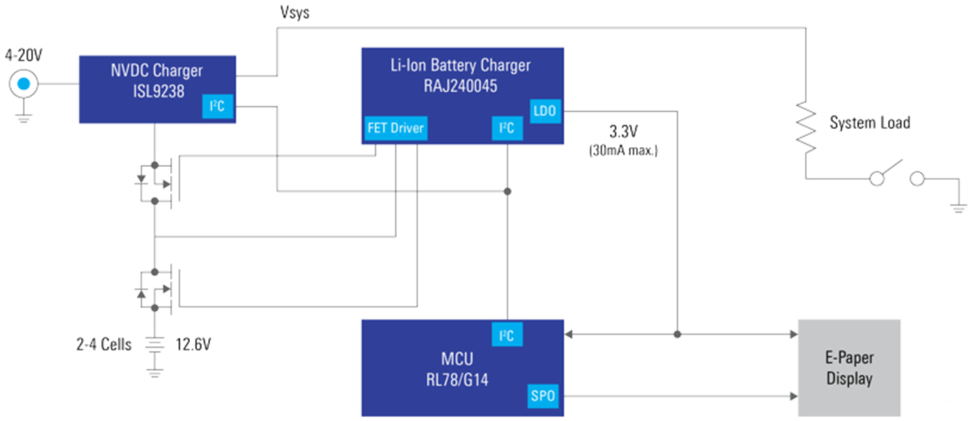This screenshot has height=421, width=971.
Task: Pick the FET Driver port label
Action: click(395, 129)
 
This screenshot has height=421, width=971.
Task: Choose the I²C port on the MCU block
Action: click(507, 335)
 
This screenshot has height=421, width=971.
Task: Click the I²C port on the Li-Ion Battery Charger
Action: click(507, 129)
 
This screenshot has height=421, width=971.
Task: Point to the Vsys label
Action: click(296, 13)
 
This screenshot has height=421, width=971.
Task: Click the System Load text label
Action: click(869, 124)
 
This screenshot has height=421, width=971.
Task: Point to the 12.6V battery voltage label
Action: click(193, 344)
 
